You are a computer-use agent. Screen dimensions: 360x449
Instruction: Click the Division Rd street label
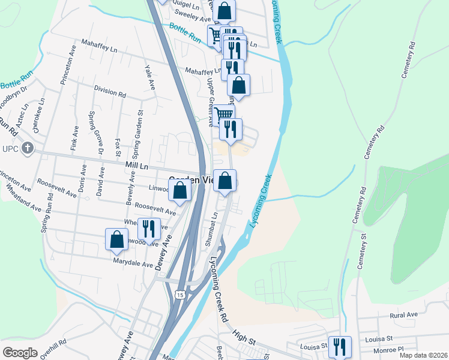point(109,91)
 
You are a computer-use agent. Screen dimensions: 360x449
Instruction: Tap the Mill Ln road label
point(136,164)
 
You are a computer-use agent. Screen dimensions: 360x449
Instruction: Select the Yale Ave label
point(150,78)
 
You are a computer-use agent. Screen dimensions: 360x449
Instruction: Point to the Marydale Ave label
point(133,262)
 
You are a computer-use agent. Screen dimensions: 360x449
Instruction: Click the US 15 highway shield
point(179,295)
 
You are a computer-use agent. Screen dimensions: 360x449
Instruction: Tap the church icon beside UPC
point(27,148)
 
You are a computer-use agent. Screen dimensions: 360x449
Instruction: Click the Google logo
point(20,353)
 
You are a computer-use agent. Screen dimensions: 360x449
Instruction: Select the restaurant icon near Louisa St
point(340,347)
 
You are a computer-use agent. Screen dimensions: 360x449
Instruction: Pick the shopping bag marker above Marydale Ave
point(116,239)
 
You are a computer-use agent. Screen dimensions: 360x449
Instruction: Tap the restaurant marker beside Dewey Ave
point(148,229)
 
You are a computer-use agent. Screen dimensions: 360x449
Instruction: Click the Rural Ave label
point(403,315)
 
